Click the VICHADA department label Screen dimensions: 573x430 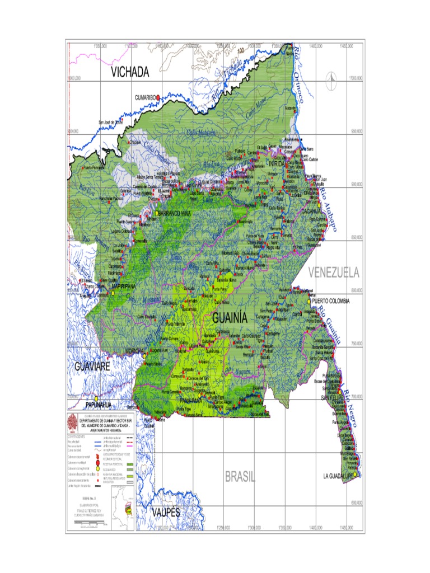[130, 72]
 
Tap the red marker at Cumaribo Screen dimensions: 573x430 [158, 97]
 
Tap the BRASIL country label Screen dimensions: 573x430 [240, 477]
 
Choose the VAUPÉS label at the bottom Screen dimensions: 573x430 [166, 513]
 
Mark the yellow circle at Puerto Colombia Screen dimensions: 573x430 [309, 301]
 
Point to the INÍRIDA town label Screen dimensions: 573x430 [277, 163]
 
